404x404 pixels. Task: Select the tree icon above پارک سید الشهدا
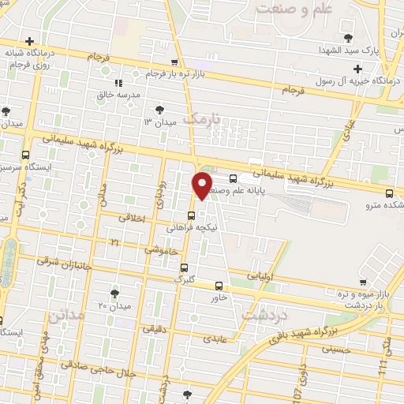pos(347,37)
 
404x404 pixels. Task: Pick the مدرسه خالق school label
pos(118,94)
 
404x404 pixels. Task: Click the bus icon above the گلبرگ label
pos(184,267)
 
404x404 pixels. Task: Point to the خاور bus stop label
pos(219,297)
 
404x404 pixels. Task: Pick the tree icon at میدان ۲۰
pos(116,293)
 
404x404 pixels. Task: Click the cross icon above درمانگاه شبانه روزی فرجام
pos(30,41)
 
